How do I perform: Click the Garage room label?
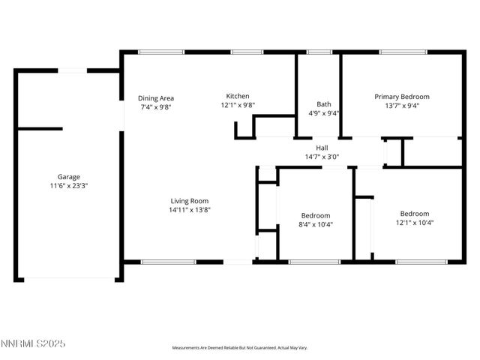(x=69, y=177)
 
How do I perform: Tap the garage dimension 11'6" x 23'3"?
(x=69, y=186)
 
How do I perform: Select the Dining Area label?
(x=156, y=98)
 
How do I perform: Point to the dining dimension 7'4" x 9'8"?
(x=156, y=107)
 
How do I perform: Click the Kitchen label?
(x=238, y=96)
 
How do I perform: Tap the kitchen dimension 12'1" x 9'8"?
(x=238, y=106)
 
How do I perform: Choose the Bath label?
(x=324, y=104)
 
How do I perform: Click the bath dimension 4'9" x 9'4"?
(x=324, y=113)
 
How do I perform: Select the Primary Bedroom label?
(x=402, y=97)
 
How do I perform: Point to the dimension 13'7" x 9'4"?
(x=402, y=106)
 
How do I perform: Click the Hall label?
(x=322, y=148)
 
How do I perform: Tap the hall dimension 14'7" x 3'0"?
(x=322, y=157)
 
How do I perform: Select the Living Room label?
(x=189, y=200)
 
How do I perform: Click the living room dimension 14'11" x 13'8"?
(x=189, y=210)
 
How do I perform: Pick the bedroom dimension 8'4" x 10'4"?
(x=315, y=224)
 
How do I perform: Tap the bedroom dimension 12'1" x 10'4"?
(x=414, y=222)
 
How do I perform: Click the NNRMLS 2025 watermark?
(x=34, y=344)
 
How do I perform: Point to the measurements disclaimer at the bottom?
(x=240, y=347)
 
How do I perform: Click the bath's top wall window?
(x=319, y=52)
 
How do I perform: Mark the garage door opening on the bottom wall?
(x=69, y=280)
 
